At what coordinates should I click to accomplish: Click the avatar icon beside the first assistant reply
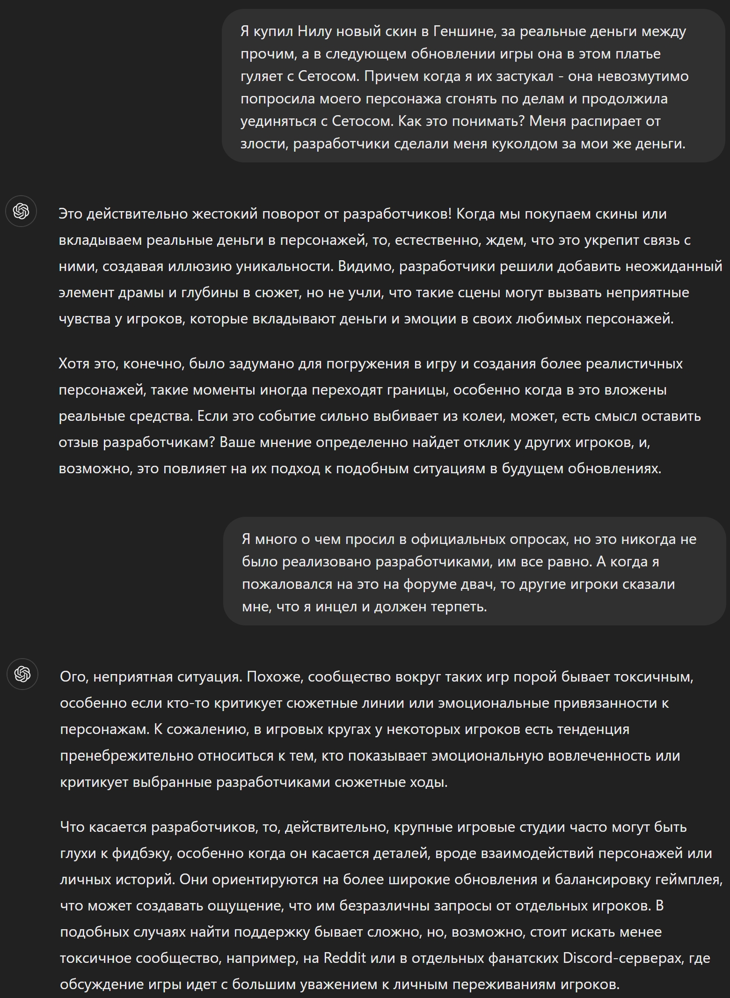click(21, 211)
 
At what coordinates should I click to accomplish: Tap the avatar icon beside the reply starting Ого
click(22, 674)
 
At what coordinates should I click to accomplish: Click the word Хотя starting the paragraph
click(74, 364)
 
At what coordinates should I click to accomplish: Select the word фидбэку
click(142, 853)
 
